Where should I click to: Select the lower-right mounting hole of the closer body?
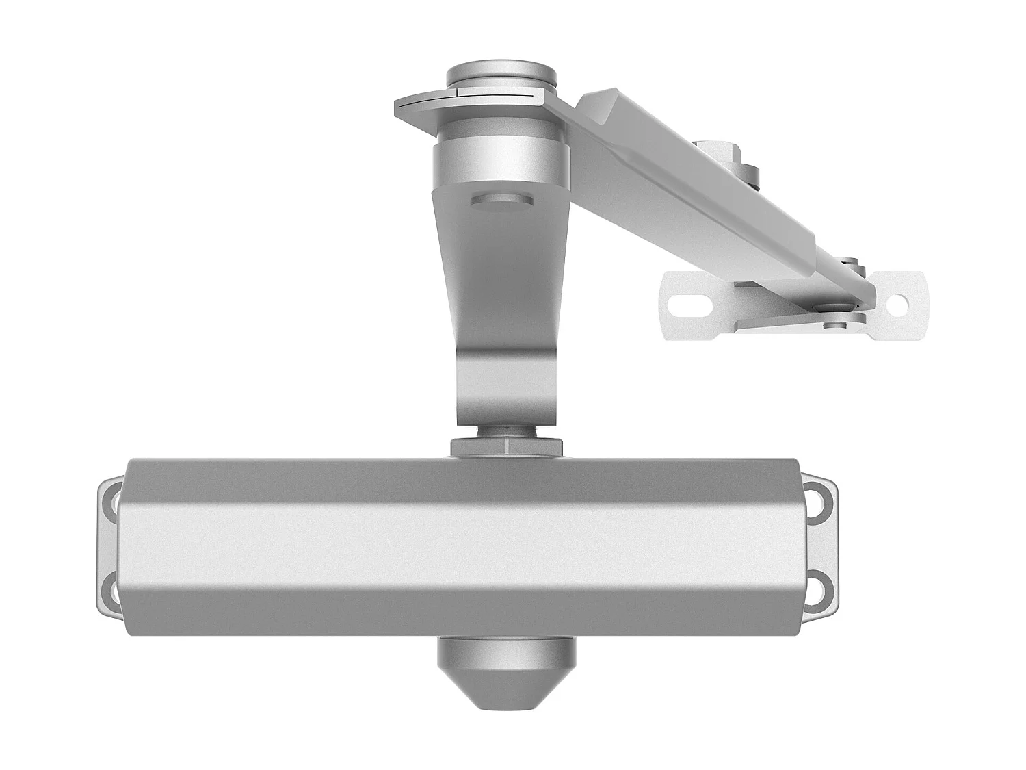(x=820, y=587)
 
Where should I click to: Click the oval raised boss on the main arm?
(x=501, y=199)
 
